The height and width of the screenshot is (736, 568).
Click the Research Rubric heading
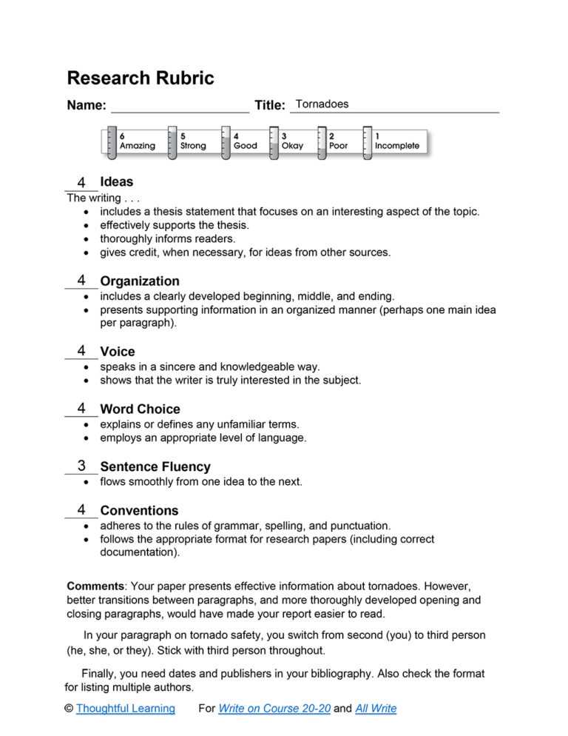point(140,78)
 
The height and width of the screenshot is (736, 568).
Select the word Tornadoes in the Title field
point(322,104)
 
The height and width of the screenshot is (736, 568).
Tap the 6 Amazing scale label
point(137,141)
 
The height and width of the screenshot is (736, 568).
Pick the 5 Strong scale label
point(193,141)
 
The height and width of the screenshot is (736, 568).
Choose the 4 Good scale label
point(245,141)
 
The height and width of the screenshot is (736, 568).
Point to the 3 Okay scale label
point(292,141)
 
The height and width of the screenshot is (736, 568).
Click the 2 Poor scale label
point(338,141)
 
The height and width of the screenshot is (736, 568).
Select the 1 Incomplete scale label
point(396,141)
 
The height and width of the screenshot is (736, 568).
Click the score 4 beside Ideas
point(81,183)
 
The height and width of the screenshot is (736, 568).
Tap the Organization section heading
point(140,281)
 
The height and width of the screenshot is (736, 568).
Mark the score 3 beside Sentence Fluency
point(81,466)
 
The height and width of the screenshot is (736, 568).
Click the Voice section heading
point(118,352)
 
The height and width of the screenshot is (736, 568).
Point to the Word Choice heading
point(140,409)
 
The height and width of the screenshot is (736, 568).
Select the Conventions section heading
point(139,510)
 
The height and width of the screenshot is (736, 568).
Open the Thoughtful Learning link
point(125,709)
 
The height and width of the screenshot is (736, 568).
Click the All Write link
point(376,709)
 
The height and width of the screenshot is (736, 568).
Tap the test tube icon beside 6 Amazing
point(111,141)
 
